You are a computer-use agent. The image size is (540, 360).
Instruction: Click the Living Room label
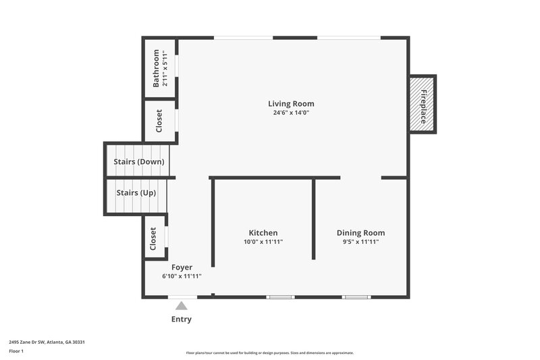click(x=291, y=103)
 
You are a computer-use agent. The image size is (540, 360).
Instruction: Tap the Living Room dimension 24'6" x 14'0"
click(x=291, y=113)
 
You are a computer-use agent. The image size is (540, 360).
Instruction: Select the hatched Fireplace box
click(x=423, y=105)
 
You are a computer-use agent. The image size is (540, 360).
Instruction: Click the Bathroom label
click(x=156, y=68)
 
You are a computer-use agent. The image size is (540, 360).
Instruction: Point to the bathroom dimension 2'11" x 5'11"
click(x=165, y=68)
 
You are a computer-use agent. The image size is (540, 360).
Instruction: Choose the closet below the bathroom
click(x=159, y=121)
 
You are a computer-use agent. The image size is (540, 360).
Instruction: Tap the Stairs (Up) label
click(x=136, y=192)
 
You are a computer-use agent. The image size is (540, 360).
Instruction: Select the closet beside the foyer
click(x=153, y=238)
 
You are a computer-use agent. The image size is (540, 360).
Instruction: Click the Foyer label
click(x=182, y=267)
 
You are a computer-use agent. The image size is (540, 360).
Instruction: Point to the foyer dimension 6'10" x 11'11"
click(x=182, y=276)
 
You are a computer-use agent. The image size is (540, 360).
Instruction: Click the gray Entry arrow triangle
click(x=181, y=306)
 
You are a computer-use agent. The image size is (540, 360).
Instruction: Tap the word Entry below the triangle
click(x=181, y=319)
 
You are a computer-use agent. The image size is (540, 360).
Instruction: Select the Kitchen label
click(x=263, y=232)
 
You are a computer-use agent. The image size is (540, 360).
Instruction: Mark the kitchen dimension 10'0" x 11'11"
click(x=263, y=242)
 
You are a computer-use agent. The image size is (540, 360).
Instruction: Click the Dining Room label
click(x=360, y=232)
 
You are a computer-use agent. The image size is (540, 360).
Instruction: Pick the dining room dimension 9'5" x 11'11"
click(x=360, y=242)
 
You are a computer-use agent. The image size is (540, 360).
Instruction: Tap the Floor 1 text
click(x=16, y=351)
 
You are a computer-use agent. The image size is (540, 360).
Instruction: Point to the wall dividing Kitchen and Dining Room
click(x=314, y=220)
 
